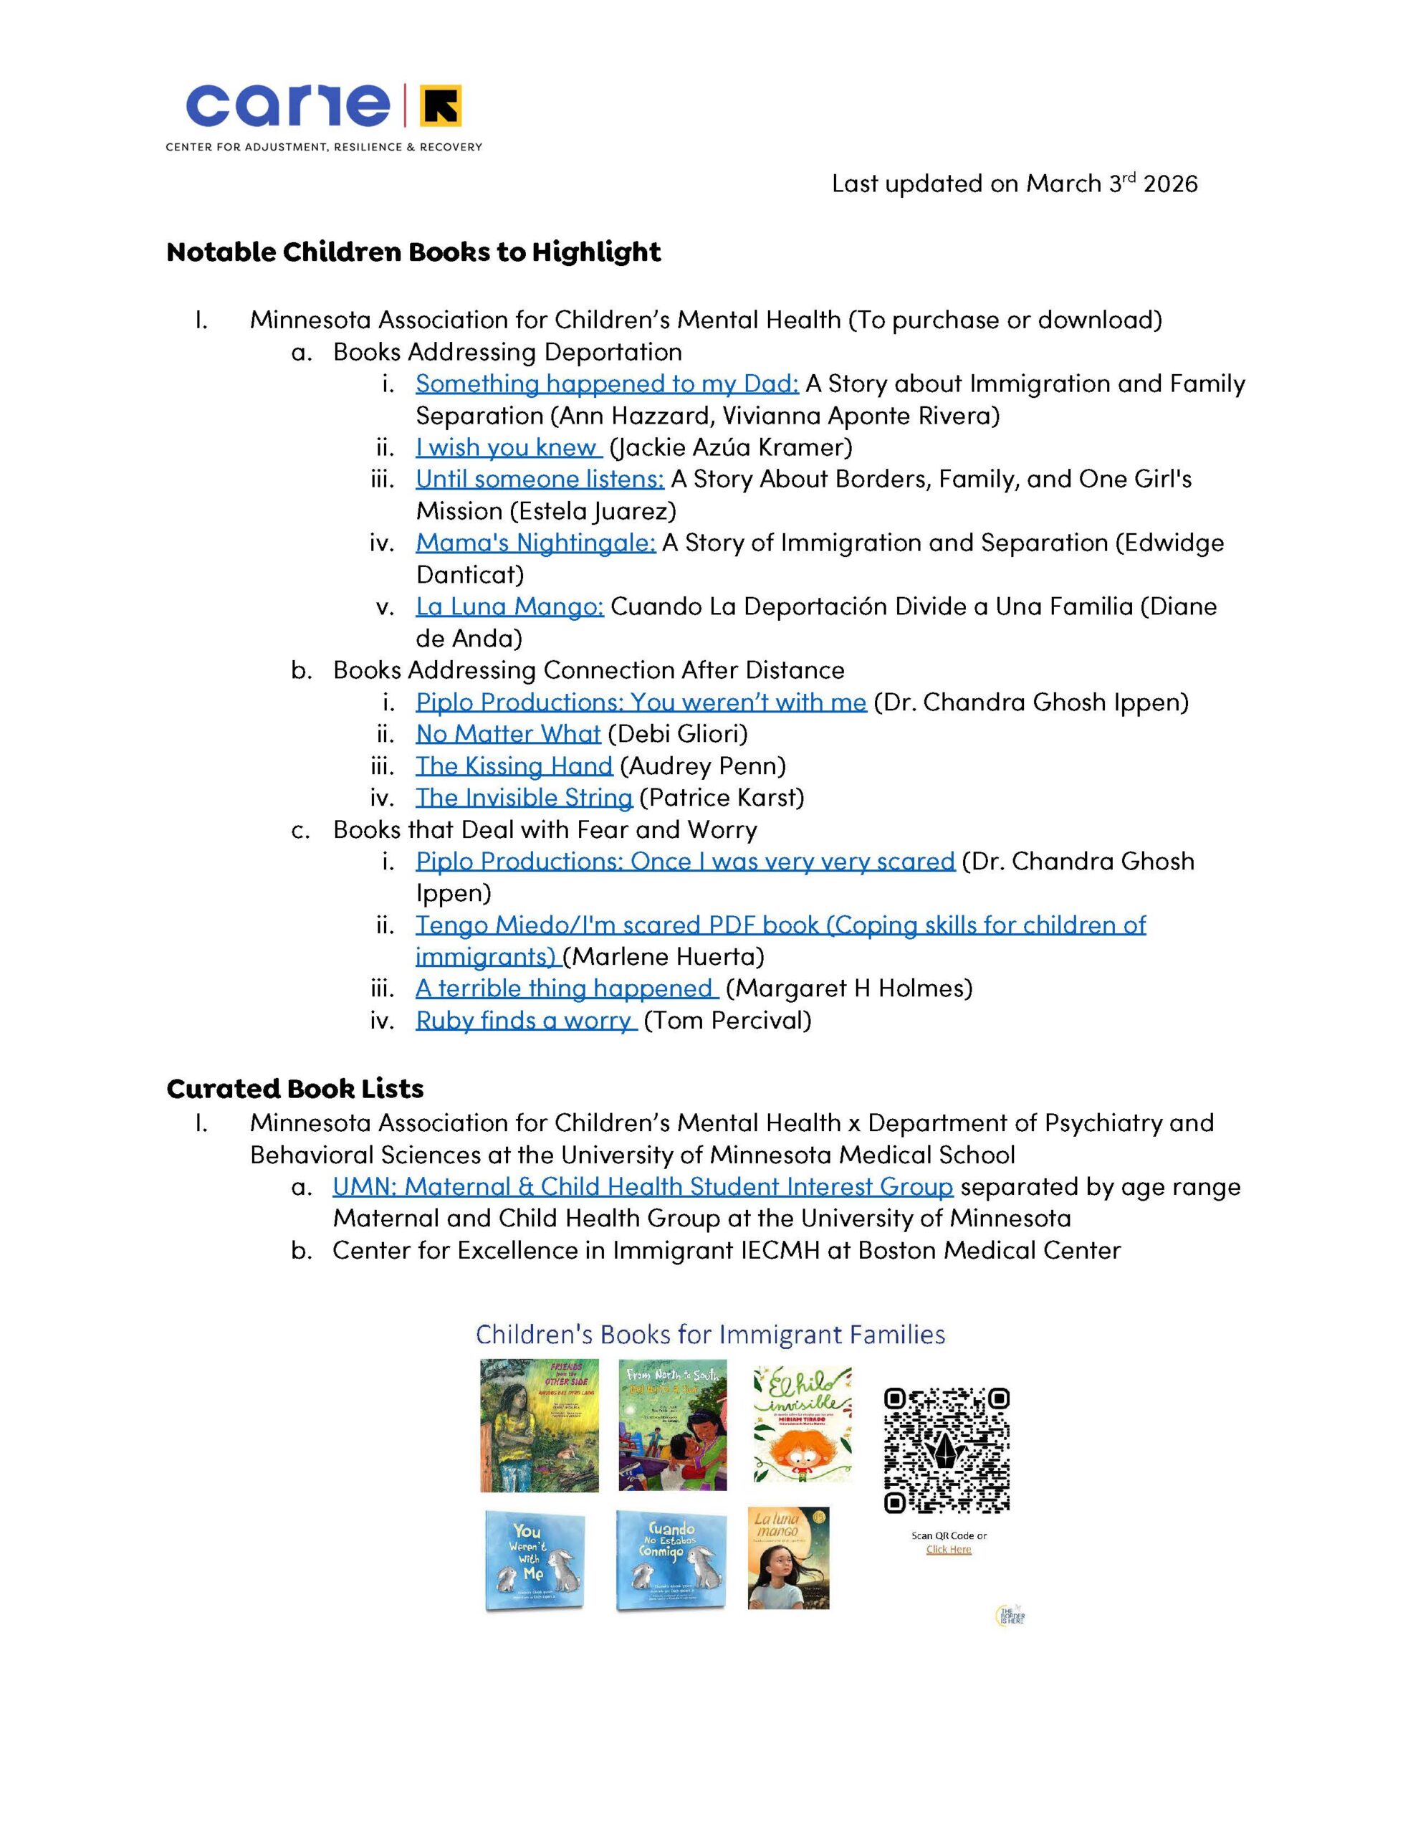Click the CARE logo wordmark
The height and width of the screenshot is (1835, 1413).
pyautogui.click(x=287, y=105)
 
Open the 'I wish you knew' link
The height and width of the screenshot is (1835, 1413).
pyautogui.click(x=507, y=448)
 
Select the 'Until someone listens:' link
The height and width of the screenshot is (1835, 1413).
pyautogui.click(x=540, y=480)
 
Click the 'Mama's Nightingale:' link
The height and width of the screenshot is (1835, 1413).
pyautogui.click(x=535, y=543)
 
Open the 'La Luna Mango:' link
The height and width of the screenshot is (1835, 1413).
pyautogui.click(x=509, y=606)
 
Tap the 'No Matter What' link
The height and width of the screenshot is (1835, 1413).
pyautogui.click(x=508, y=734)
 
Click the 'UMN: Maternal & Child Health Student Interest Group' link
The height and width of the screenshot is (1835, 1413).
pyautogui.click(x=643, y=1187)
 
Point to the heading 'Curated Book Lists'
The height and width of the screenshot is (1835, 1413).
pyautogui.click(x=295, y=1089)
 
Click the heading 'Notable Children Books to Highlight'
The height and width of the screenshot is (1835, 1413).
pyautogui.click(x=413, y=252)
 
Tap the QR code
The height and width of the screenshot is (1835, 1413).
pyautogui.click(x=946, y=1450)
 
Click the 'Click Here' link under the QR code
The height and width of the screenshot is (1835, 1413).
pyautogui.click(x=949, y=1548)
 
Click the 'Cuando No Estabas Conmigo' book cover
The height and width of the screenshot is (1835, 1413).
pyautogui.click(x=669, y=1560)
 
